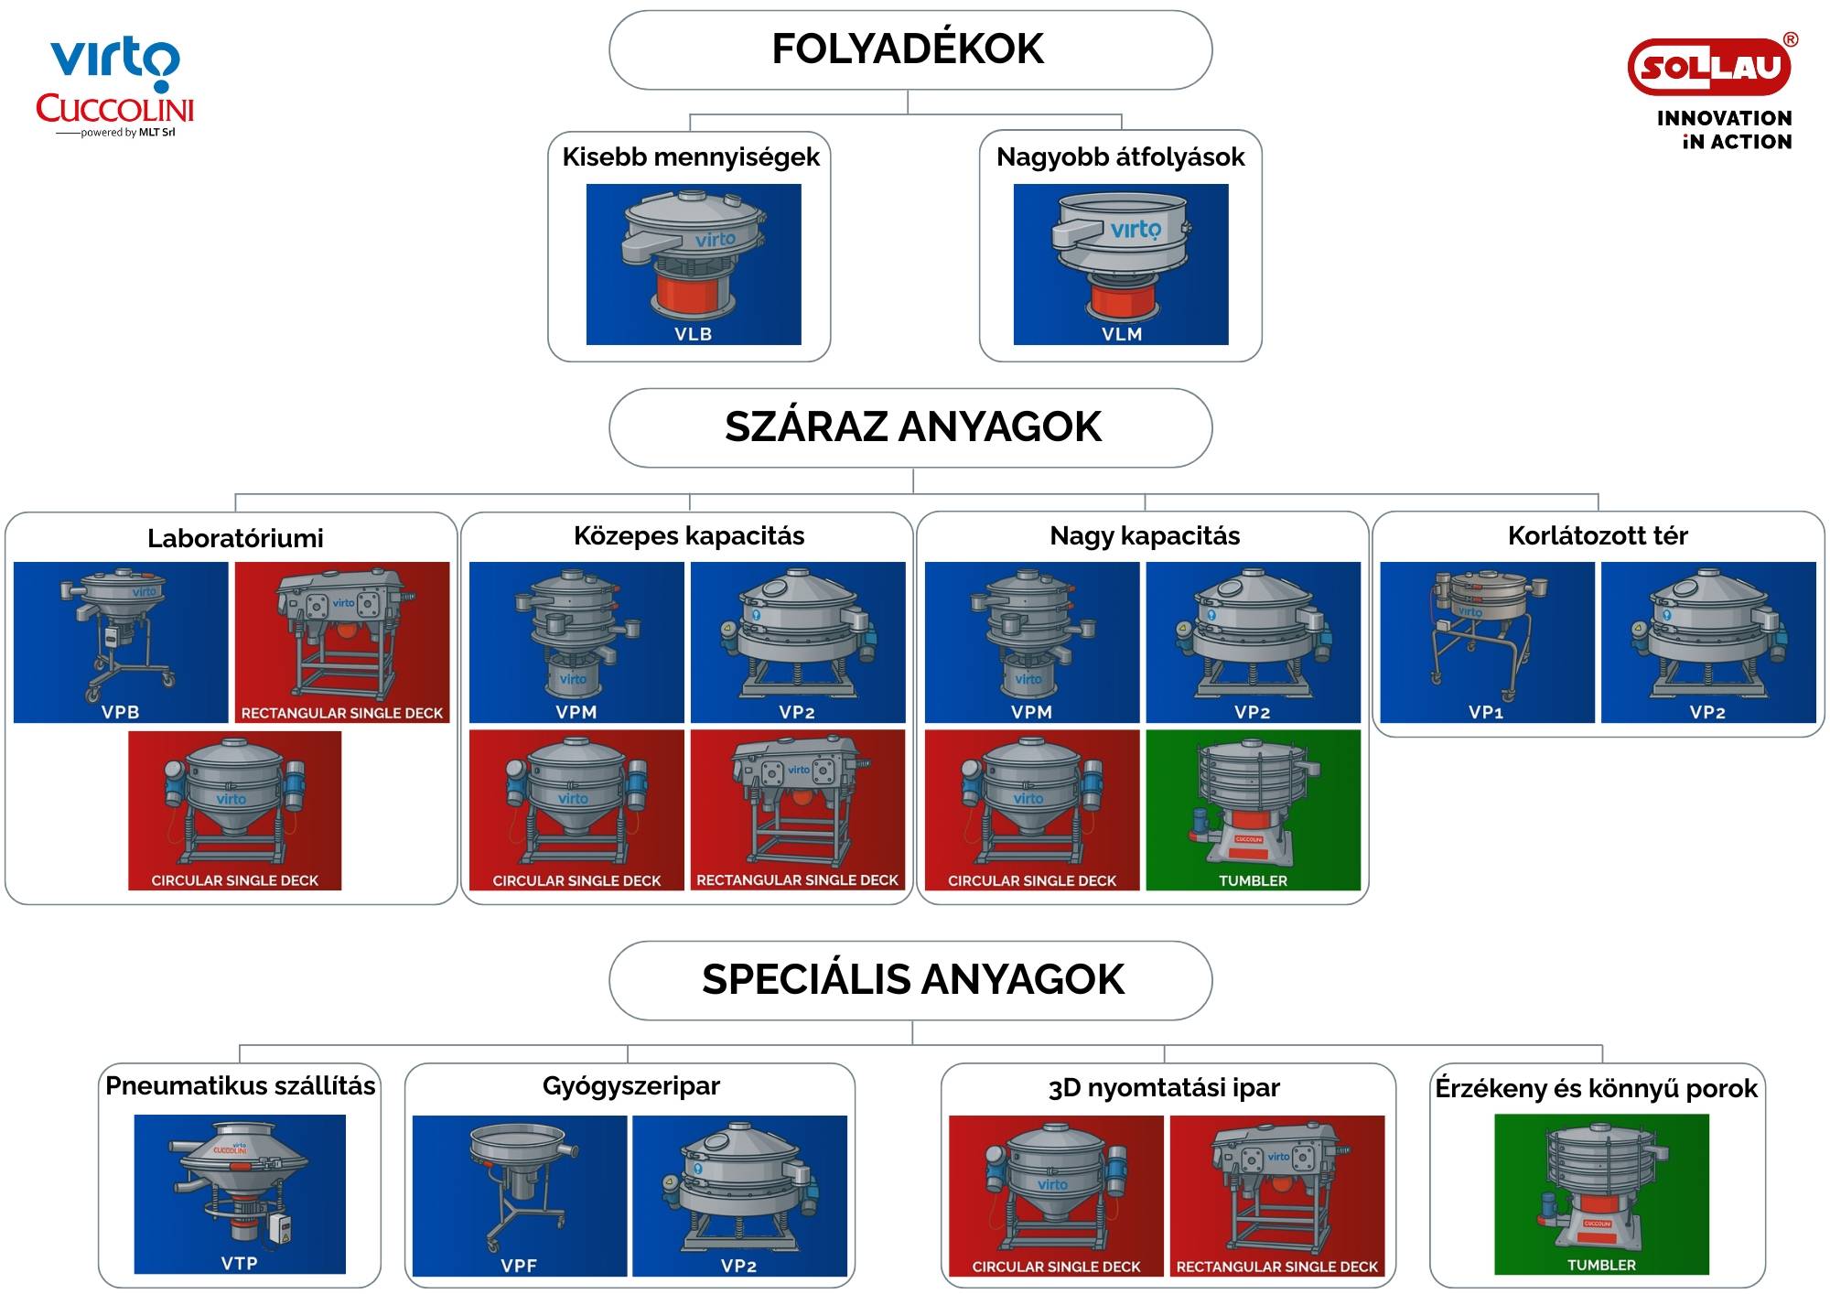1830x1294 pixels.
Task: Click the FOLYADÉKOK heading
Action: click(908, 49)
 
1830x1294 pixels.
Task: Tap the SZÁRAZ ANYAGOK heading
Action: click(913, 427)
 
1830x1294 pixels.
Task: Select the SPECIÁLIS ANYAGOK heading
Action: click(913, 979)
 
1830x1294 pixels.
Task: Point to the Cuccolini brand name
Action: click(115, 109)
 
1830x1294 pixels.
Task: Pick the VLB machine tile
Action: click(694, 264)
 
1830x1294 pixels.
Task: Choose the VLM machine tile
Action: click(1121, 264)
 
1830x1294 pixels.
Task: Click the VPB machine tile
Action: click(121, 642)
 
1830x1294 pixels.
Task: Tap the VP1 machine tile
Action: click(1487, 642)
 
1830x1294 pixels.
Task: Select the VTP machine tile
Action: click(240, 1194)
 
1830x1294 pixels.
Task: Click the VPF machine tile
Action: click(520, 1196)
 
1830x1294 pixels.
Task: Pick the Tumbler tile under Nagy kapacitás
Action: click(1254, 810)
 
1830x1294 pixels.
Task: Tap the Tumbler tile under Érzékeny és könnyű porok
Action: click(1601, 1194)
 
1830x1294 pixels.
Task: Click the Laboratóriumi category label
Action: click(235, 538)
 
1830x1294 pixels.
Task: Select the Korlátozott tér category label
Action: click(1598, 535)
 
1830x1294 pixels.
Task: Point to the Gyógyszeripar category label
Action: click(631, 1086)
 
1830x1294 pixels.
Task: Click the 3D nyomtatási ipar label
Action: click(1164, 1088)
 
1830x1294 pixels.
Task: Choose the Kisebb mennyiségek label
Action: click(691, 157)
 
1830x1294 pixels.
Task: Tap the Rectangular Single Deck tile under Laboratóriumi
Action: click(342, 642)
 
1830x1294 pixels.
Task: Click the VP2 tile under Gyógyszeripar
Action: click(739, 1196)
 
